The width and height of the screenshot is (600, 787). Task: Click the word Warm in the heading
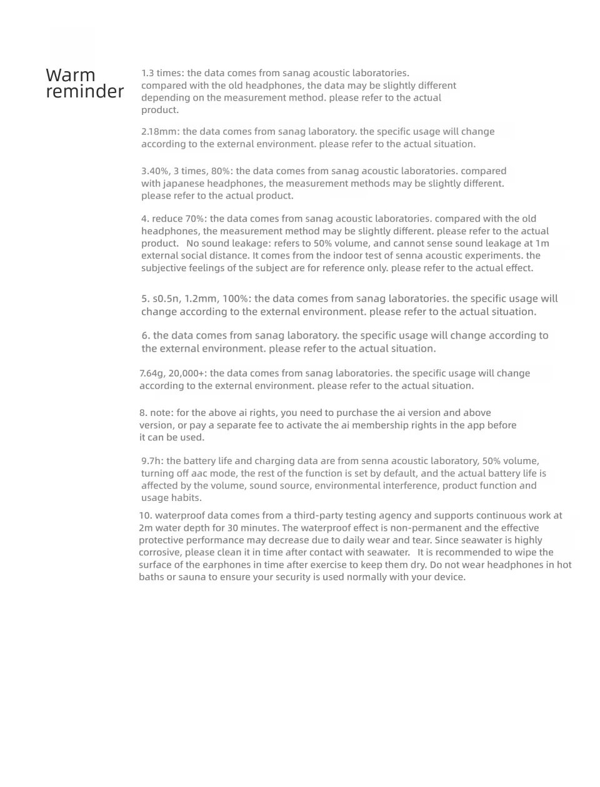71,76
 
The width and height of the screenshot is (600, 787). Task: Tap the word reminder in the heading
85,92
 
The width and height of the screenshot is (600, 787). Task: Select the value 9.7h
152,461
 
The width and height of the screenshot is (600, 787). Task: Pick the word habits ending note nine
187,498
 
